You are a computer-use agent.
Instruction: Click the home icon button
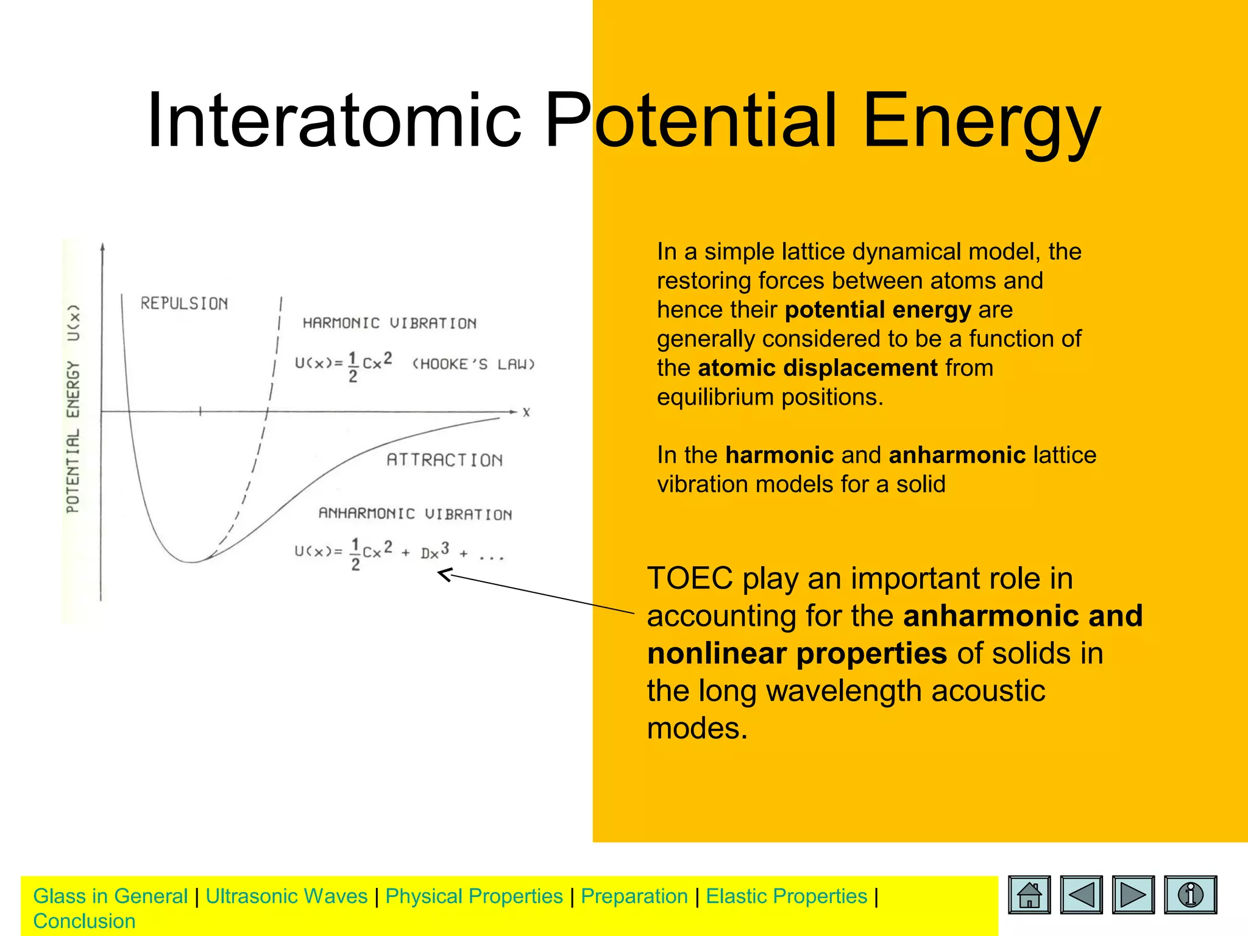point(1029,895)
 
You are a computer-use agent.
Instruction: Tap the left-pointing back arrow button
point(1082,895)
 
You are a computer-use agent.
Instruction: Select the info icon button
point(1190,895)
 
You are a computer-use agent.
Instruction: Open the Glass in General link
point(110,896)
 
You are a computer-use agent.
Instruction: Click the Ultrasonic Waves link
point(286,896)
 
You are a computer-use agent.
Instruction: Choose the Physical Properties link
point(474,896)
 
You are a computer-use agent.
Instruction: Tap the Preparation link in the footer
point(634,896)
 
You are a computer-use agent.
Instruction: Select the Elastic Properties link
point(786,896)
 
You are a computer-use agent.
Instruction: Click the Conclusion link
point(84,921)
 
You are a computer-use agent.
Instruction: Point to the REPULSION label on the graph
point(184,303)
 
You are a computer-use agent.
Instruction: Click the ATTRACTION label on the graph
point(444,460)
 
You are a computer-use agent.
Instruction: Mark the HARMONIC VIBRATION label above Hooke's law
point(389,324)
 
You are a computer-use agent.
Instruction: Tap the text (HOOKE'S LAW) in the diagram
point(473,364)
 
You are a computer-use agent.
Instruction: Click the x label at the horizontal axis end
point(526,413)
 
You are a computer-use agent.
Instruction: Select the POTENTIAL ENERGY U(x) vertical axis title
point(73,408)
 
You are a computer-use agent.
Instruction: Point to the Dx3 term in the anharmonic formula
point(434,551)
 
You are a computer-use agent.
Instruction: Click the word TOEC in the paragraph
point(689,578)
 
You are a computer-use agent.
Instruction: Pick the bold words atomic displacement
point(817,368)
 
